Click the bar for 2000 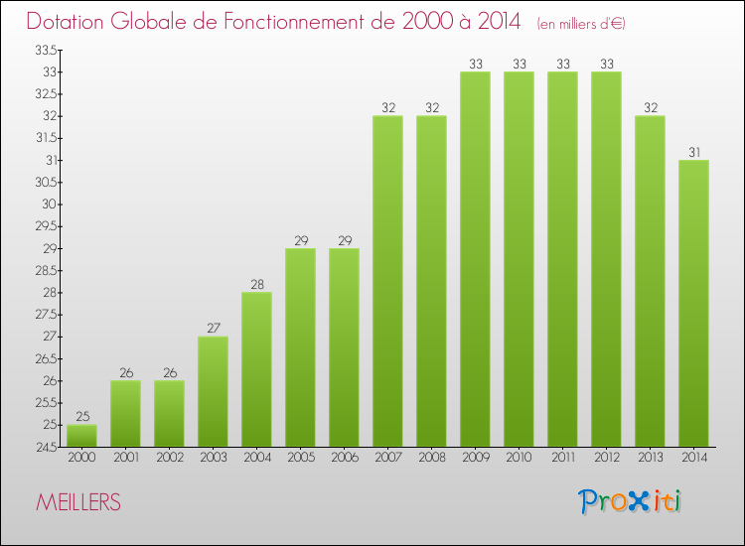(81, 435)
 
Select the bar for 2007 (387, 281)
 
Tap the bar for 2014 (693, 303)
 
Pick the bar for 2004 (256, 369)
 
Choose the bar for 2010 (519, 259)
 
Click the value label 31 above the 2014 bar (693, 152)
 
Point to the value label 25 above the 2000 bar (81, 416)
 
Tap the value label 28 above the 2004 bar (256, 284)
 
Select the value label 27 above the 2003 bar (213, 328)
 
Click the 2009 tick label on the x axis (475, 459)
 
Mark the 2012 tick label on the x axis (606, 459)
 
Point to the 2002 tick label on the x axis (169, 459)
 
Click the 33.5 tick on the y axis (45, 50)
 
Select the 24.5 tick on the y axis (45, 447)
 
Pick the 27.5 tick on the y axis (45, 315)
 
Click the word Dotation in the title (72, 21)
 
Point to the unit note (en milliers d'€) (581, 23)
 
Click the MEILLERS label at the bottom (78, 503)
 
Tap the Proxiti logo (630, 501)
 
